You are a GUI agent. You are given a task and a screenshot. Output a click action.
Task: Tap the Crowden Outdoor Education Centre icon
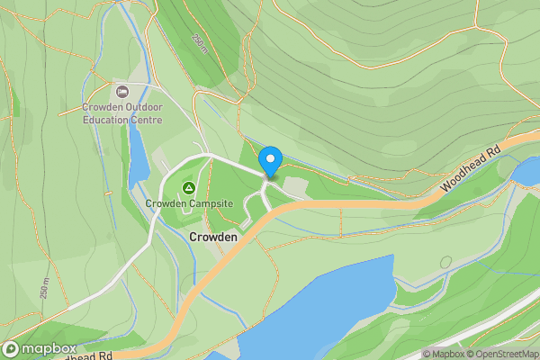(122, 91)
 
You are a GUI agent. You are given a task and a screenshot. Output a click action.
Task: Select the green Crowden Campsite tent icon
(189, 188)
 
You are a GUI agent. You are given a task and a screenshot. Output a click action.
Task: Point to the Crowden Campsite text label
(189, 204)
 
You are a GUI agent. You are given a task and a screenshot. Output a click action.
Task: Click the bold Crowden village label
(213, 237)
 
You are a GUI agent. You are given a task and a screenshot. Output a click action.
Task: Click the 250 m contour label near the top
(199, 43)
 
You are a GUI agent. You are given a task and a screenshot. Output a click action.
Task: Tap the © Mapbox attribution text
(443, 354)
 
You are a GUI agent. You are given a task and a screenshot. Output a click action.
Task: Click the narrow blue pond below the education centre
(138, 153)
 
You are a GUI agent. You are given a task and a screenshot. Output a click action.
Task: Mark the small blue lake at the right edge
(526, 169)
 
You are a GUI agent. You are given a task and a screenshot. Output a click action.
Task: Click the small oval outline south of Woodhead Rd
(446, 262)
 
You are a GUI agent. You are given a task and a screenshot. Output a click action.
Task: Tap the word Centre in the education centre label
(147, 119)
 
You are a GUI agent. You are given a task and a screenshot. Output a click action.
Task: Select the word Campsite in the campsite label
(211, 204)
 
